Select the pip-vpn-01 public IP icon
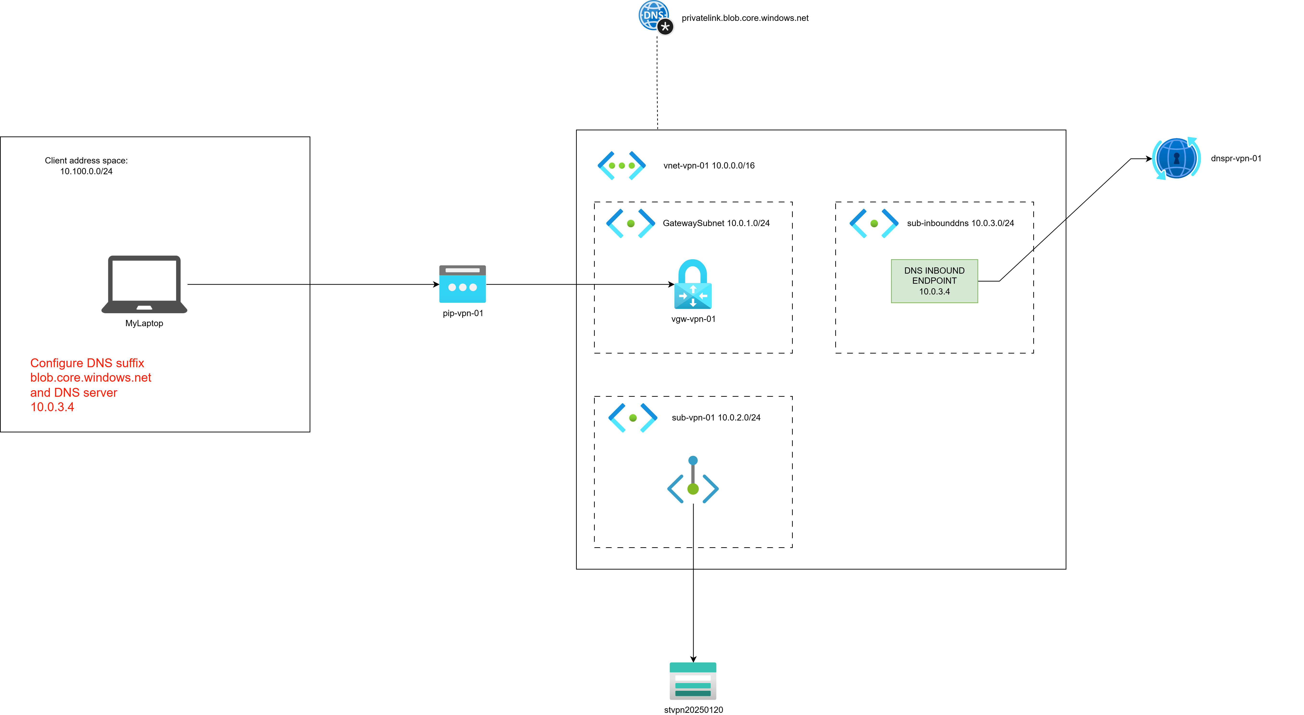click(462, 284)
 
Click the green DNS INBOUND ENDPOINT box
click(934, 281)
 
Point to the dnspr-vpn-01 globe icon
click(1176, 158)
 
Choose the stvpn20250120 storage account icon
click(692, 681)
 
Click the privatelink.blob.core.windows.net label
click(745, 18)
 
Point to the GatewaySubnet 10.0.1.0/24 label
click(716, 223)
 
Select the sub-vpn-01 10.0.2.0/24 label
click(716, 418)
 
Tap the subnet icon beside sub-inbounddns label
click(874, 223)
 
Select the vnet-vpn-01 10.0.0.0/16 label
click(709, 166)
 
